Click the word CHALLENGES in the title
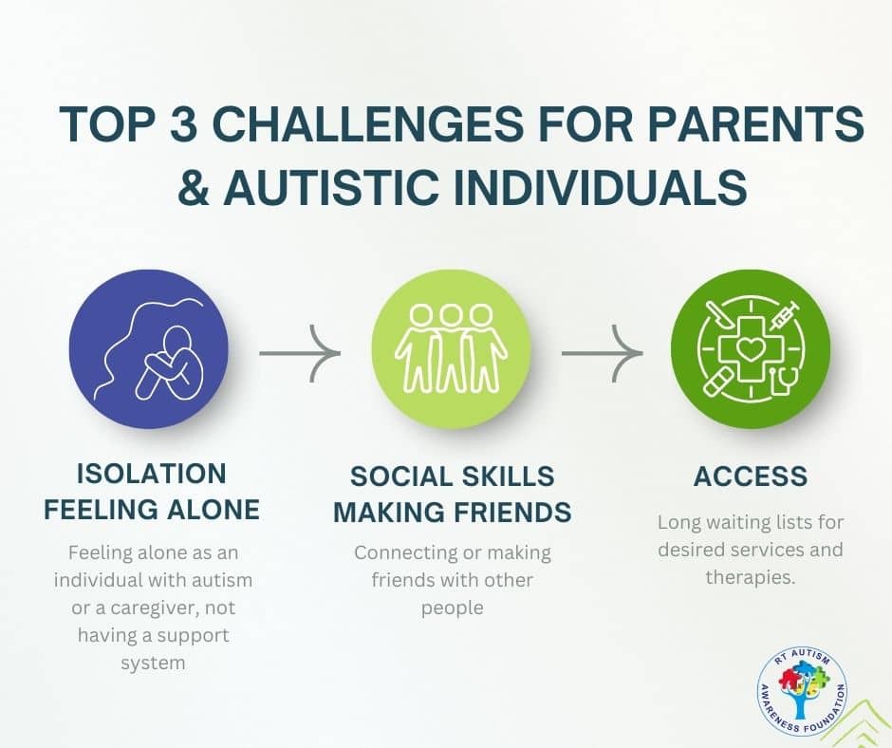click(x=370, y=123)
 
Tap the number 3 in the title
click(x=181, y=123)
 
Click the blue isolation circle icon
click(x=148, y=349)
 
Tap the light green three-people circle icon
click(x=451, y=349)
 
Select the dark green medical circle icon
click(x=751, y=349)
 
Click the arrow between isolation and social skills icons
click(x=300, y=353)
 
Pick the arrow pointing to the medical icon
click(x=603, y=353)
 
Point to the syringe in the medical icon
click(x=785, y=316)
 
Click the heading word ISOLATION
click(x=151, y=475)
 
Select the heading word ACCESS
click(x=751, y=477)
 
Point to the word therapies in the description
click(x=751, y=578)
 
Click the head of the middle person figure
click(x=451, y=315)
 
